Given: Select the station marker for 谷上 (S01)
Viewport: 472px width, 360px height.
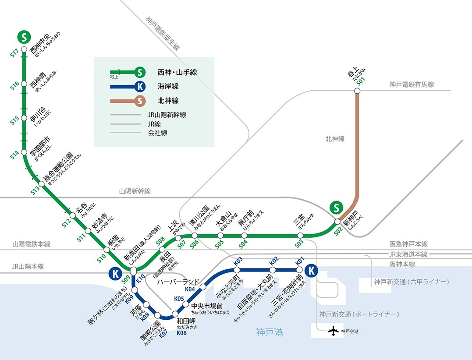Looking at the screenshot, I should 357,91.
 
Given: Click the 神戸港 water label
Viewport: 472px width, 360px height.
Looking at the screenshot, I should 270,333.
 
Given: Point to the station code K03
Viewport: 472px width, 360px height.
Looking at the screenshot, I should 238,261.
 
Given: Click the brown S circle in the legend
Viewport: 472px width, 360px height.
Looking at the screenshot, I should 140,101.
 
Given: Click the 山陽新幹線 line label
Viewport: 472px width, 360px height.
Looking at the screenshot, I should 135,191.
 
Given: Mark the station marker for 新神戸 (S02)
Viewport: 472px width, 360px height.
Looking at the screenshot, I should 337,221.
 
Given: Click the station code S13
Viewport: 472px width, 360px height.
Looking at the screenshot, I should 35,191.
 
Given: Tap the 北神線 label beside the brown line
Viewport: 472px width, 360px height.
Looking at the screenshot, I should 335,139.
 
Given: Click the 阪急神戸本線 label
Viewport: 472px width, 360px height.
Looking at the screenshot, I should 408,244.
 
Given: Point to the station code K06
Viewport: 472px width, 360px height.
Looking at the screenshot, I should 182,333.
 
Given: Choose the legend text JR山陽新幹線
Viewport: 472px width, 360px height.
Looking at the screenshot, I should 167,115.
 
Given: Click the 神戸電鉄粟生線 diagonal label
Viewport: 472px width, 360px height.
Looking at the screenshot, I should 162,33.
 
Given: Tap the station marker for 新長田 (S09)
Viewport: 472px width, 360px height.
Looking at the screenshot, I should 134,269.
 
